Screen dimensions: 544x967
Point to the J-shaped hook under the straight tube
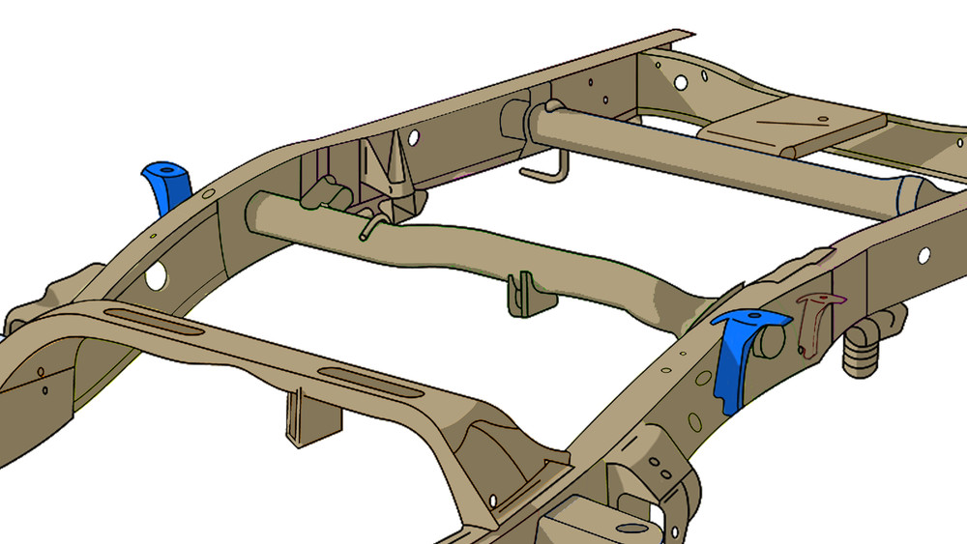pyautogui.click(x=543, y=169)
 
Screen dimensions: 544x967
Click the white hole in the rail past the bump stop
pyautogui.click(x=923, y=255)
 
